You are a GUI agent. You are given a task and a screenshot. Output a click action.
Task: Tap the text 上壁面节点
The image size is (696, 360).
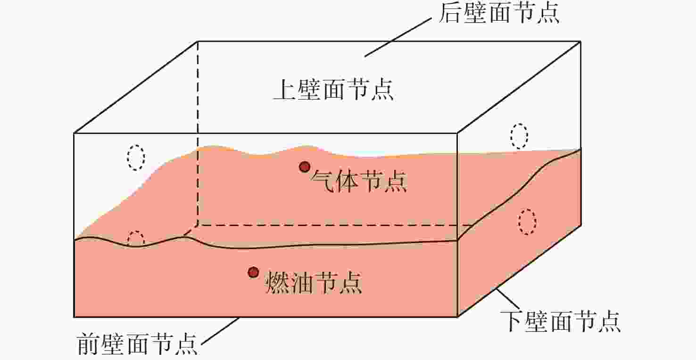(x=333, y=89)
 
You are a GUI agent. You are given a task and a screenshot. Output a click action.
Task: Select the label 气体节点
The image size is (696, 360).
(x=359, y=181)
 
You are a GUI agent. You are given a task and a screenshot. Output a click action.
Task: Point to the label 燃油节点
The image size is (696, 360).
(x=314, y=282)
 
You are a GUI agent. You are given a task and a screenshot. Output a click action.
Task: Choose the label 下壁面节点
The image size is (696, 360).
(x=560, y=321)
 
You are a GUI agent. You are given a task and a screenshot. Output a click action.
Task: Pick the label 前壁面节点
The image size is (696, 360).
(x=137, y=343)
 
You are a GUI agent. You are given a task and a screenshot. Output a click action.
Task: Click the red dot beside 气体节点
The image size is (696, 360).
(x=305, y=167)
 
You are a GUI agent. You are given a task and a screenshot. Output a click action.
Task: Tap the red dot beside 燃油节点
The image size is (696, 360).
(x=253, y=272)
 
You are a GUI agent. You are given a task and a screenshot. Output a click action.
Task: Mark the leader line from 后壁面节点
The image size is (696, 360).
(x=398, y=37)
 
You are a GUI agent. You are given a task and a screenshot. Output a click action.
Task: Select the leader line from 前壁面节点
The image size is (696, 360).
(x=221, y=331)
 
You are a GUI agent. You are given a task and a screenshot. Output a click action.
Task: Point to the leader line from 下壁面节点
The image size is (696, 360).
(x=508, y=299)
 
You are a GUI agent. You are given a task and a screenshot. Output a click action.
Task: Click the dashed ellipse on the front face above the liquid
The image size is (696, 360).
(x=136, y=158)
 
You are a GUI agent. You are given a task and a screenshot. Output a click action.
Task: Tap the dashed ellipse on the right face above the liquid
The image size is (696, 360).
(x=519, y=136)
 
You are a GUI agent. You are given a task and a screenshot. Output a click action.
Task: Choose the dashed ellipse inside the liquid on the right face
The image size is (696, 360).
(x=527, y=222)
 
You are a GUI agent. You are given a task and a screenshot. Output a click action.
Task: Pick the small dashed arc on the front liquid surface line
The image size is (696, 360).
(x=136, y=238)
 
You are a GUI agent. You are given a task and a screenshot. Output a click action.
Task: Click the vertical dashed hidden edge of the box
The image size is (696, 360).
(x=198, y=133)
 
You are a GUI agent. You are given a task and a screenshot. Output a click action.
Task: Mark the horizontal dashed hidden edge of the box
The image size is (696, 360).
(x=335, y=225)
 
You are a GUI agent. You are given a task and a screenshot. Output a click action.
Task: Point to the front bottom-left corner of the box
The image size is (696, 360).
(x=74, y=317)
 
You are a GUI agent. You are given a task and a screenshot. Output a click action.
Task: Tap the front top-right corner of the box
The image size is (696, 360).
(x=457, y=134)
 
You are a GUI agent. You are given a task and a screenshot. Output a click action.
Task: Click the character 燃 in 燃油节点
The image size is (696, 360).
(x=277, y=282)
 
